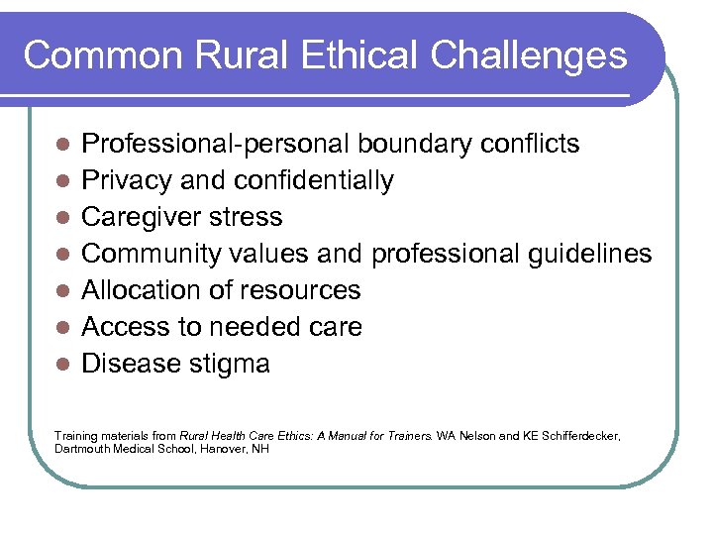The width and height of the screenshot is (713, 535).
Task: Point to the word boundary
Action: (x=414, y=144)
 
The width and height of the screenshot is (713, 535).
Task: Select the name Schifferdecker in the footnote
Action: (x=578, y=435)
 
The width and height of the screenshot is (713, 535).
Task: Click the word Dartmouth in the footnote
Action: (x=80, y=448)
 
